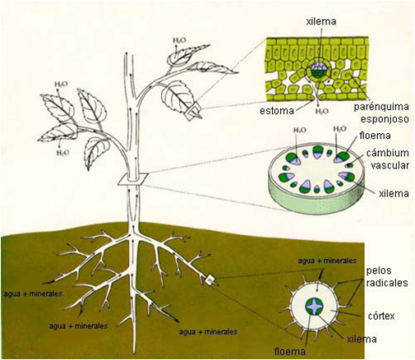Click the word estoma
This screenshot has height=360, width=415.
tap(277, 111)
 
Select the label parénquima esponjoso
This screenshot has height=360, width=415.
tap(381, 113)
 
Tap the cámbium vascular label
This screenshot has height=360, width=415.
tap(388, 159)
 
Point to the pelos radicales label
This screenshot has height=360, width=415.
tap(387, 276)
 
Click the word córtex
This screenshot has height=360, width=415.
tap(382, 316)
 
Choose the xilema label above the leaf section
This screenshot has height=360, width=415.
tap(321, 21)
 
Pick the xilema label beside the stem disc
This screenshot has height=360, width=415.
tap(394, 193)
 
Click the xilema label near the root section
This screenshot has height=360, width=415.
tap(362, 339)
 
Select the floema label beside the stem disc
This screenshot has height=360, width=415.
tap(375, 136)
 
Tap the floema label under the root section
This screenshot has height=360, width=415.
tap(290, 352)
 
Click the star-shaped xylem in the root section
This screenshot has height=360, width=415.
tap(315, 307)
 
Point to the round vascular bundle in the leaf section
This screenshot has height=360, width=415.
tap(318, 70)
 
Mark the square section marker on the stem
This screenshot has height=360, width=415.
tap(133, 179)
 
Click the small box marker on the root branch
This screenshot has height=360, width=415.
tap(211, 280)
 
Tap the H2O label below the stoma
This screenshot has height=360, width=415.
tap(322, 112)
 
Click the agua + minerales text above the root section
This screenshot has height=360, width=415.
tap(327, 261)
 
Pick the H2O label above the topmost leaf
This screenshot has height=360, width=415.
tap(179, 40)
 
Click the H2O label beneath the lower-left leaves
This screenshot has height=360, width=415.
tap(62, 152)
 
